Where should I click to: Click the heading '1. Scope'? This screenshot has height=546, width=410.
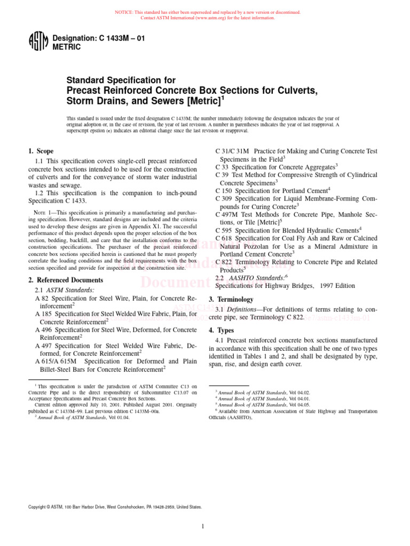(41, 151)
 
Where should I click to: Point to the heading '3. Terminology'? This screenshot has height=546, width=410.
(231, 299)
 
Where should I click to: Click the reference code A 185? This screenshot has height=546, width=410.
(43, 315)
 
